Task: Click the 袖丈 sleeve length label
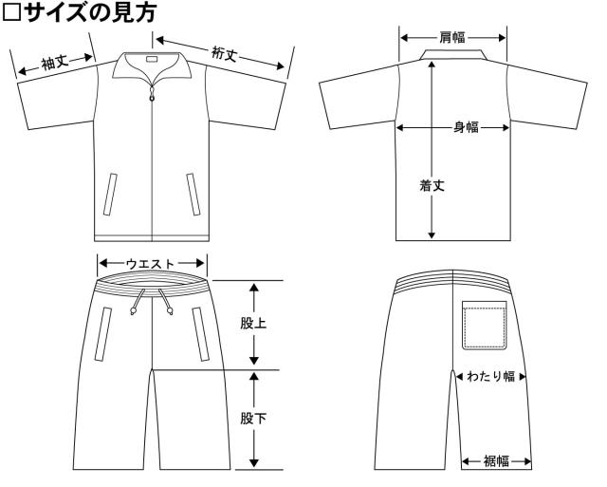[55, 63]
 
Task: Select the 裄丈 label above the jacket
[224, 53]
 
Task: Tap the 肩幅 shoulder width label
[452, 38]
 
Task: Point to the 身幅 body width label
[466, 127]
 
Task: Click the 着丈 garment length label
[432, 185]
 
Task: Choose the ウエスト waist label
[151, 264]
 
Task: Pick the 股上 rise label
[253, 323]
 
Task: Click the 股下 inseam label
[253, 419]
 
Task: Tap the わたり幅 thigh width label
[491, 376]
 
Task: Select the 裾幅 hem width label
[496, 461]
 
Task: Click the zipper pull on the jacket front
[152, 94]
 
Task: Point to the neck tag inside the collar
[152, 60]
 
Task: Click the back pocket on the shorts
[485, 326]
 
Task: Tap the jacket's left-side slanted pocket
[110, 194]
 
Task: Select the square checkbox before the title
[10, 12]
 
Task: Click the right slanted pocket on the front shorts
[201, 334]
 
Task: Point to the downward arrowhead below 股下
[254, 462]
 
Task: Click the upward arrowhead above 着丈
[432, 66]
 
